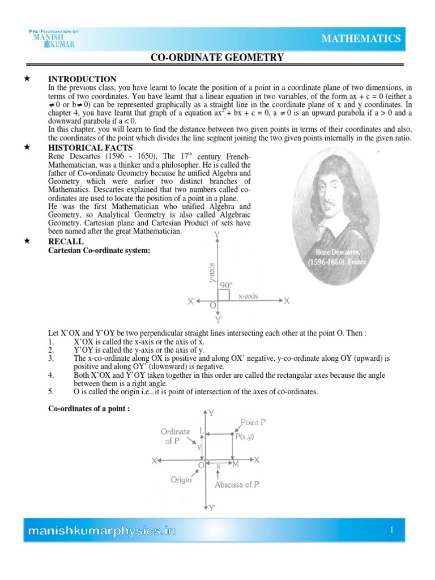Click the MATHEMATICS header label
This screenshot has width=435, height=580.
(x=361, y=39)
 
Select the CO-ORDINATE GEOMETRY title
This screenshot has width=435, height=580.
(x=216, y=58)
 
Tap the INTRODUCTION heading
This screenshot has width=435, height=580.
(x=82, y=79)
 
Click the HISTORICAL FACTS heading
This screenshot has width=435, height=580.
(x=91, y=148)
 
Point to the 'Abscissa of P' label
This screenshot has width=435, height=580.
(x=237, y=485)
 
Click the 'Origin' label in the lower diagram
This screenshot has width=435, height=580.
(x=182, y=479)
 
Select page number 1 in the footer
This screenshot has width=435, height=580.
(x=391, y=530)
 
